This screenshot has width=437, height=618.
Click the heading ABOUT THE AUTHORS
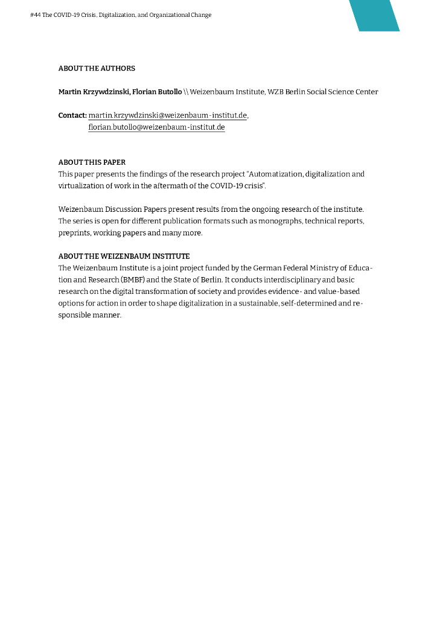97,68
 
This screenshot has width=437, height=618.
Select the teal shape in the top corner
375,15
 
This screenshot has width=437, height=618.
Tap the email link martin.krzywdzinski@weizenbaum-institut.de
168,115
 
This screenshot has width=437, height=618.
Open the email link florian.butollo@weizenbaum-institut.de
156,127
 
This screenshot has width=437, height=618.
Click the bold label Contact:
72,115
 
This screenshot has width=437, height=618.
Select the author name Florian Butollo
156,92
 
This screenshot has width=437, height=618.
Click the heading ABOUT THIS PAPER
92,162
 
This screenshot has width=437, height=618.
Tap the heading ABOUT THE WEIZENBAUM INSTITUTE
124,256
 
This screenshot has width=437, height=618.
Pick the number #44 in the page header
35,15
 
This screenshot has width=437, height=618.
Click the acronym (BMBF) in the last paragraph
136,279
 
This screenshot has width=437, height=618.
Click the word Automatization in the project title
276,174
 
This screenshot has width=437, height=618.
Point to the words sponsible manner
89,315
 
